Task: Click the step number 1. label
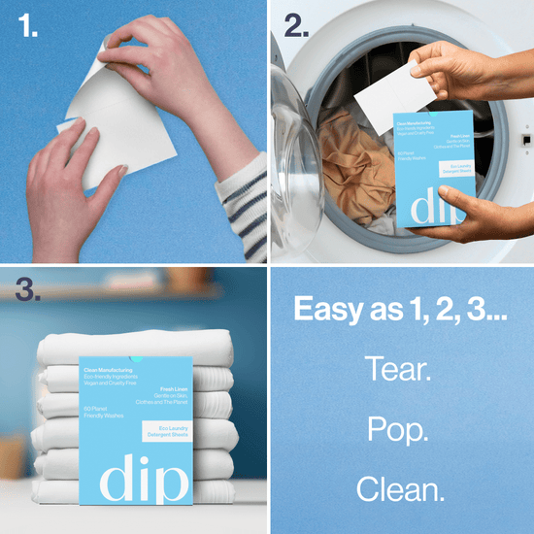(x=25, y=27)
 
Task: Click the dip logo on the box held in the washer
(x=428, y=207)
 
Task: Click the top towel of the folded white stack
(x=136, y=345)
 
